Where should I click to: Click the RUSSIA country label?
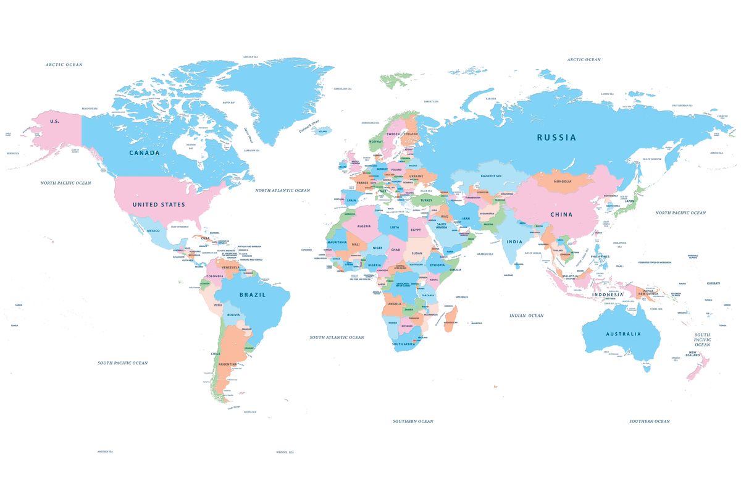point(556,138)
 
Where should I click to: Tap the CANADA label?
point(144,153)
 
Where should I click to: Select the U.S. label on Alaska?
point(54,121)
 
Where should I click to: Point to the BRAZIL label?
point(252,295)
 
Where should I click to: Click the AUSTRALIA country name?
point(623,334)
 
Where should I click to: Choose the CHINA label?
point(561,215)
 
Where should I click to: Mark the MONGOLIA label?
point(563,182)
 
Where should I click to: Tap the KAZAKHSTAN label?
point(491,176)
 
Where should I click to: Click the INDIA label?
point(514,241)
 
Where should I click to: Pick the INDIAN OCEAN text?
point(526,316)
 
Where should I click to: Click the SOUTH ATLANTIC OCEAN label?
point(337,338)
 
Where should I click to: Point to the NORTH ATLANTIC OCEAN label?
point(283,191)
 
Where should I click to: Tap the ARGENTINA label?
point(228,364)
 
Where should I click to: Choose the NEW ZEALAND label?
point(692,355)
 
